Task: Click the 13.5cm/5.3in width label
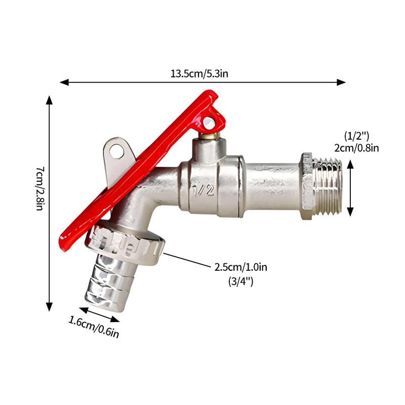pyautogui.click(x=199, y=74)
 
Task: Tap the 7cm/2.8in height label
pyautogui.click(x=40, y=188)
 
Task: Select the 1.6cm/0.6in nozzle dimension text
pyautogui.click(x=94, y=327)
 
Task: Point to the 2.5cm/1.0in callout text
pyautogui.click(x=241, y=267)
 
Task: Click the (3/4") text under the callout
pyautogui.click(x=241, y=281)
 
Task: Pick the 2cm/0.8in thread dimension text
pyautogui.click(x=357, y=148)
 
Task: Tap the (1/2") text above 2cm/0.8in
pyautogui.click(x=357, y=136)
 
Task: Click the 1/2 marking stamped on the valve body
pyautogui.click(x=204, y=191)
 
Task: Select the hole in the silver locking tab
pyautogui.click(x=116, y=151)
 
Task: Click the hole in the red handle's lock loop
pyautogui.click(x=209, y=123)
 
